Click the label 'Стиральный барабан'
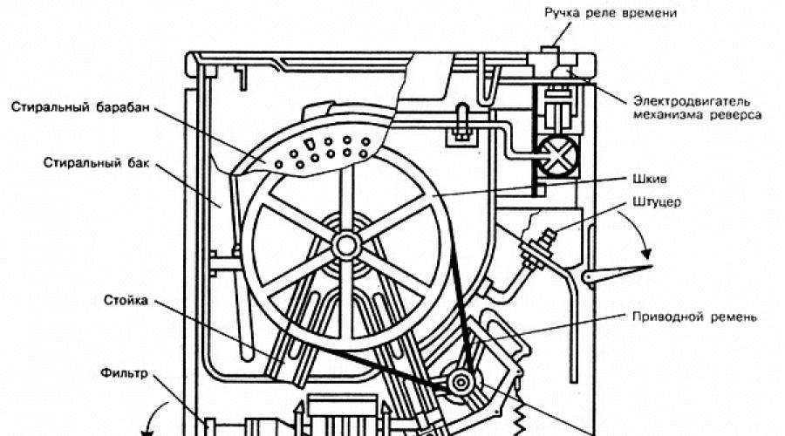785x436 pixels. pyautogui.click(x=80, y=107)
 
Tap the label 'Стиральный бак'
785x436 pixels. pyautogui.click(x=96, y=163)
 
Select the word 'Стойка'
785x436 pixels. pyautogui.click(x=126, y=300)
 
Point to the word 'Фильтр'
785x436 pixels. pyautogui.click(x=124, y=373)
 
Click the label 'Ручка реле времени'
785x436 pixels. pyautogui.click(x=611, y=13)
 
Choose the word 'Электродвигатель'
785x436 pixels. pyautogui.click(x=692, y=100)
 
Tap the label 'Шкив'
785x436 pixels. pyautogui.click(x=650, y=179)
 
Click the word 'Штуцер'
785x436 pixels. pyautogui.click(x=656, y=202)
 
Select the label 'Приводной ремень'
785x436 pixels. pyautogui.click(x=694, y=317)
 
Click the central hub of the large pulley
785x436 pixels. pyautogui.click(x=346, y=245)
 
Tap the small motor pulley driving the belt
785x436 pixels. pyautogui.click(x=461, y=383)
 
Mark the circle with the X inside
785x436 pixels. pyautogui.click(x=557, y=156)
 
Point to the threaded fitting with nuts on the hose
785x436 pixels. pyautogui.click(x=537, y=248)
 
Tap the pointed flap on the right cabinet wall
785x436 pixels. pyautogui.click(x=617, y=275)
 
